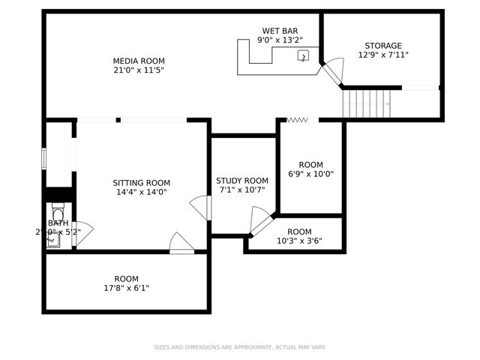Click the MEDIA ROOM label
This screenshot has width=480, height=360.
(x=139, y=61)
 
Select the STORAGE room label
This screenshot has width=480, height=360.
(x=382, y=45)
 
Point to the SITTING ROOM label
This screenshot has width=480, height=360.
(x=141, y=182)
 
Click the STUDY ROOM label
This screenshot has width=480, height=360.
(x=241, y=180)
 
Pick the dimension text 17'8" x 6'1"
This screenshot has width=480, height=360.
(x=126, y=288)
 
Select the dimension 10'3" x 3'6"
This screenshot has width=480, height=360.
(x=299, y=241)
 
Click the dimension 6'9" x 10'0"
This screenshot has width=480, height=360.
(x=310, y=174)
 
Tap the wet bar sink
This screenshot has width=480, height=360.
(x=304, y=55)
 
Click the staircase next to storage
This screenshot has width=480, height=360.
(x=367, y=103)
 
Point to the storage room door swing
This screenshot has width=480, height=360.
(x=333, y=70)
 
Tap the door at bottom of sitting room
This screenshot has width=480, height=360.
(x=181, y=243)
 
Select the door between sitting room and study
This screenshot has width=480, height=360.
(x=201, y=208)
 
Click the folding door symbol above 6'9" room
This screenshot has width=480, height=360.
(x=298, y=119)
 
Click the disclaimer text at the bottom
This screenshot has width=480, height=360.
(x=240, y=347)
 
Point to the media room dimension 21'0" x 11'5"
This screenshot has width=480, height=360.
(x=139, y=70)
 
